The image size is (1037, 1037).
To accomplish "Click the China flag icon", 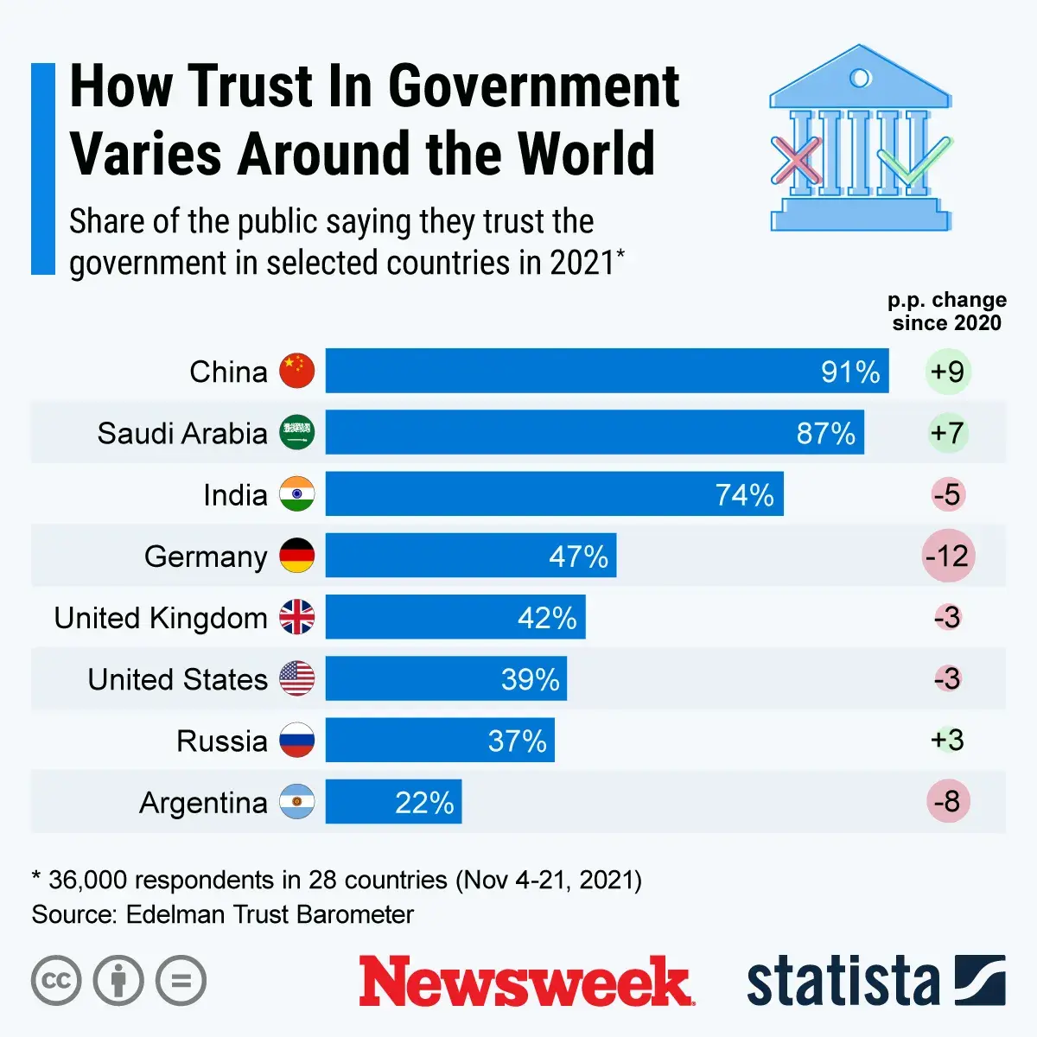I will tap(296, 372).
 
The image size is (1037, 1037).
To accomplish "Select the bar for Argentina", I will tap(393, 802).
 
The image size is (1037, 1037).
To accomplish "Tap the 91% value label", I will tap(850, 372).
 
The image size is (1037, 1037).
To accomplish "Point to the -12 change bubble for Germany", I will tap(948, 556).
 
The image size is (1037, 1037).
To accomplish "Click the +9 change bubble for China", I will tap(948, 372).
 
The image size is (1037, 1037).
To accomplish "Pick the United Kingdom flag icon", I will tap(296, 617).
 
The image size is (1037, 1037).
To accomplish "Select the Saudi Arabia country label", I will tap(182, 433).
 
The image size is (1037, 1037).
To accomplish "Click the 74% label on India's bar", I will tap(744, 494).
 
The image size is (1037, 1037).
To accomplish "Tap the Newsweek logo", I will tap(525, 981).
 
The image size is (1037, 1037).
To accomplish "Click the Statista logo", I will tap(875, 981).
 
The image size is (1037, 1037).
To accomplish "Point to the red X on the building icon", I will tap(796, 161).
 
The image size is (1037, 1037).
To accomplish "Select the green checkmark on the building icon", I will tap(913, 161).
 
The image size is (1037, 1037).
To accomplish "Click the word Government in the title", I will tap(533, 86).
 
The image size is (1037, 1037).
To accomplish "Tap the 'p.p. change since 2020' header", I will tap(947, 311).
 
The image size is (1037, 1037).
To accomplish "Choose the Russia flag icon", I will tap(296, 741).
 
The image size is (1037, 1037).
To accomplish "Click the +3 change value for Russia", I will tap(948, 740).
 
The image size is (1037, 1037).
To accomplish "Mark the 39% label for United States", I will tap(530, 679).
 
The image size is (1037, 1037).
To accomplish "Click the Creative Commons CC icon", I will tap(56, 981).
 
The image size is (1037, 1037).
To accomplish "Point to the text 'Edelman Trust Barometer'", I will tap(270, 914).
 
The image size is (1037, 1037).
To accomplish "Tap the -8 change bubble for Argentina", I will tap(948, 801).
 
